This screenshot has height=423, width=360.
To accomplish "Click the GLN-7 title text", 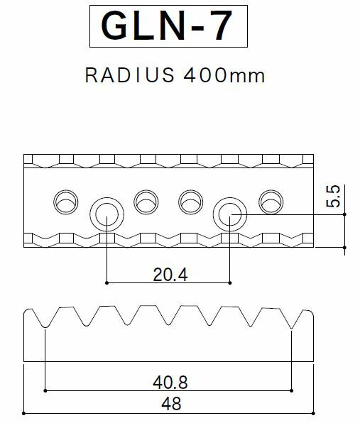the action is tap(166, 26).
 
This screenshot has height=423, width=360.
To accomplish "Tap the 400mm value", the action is tap(224, 75).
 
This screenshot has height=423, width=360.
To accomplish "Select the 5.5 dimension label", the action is tap(333, 196).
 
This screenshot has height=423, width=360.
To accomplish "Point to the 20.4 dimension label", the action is tap(170, 275).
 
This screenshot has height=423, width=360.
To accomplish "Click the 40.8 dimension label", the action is tap(170, 383).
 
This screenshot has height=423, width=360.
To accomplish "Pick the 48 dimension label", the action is tap(171, 404).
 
